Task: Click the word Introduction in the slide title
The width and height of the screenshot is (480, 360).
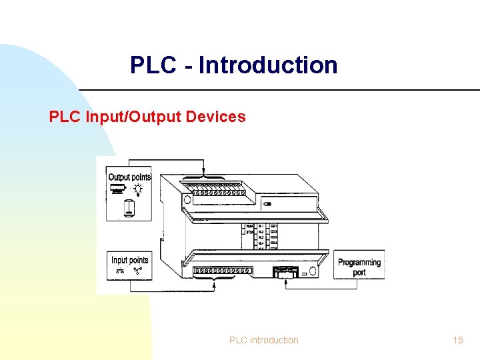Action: click(268, 65)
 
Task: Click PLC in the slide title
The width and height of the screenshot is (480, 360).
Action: click(152, 65)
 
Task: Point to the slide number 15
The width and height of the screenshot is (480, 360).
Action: click(457, 340)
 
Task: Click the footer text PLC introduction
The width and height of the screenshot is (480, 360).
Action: click(264, 340)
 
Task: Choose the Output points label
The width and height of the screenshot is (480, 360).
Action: click(129, 177)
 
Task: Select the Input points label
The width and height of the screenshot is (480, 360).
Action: click(129, 260)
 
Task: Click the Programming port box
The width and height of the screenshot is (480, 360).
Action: click(359, 267)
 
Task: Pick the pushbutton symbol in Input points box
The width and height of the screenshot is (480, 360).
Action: click(121, 271)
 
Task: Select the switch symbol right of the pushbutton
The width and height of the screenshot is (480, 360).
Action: click(138, 271)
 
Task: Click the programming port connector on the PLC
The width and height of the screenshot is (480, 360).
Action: click(285, 272)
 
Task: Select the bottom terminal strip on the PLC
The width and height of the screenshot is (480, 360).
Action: click(222, 271)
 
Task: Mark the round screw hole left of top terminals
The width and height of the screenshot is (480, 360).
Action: click(187, 199)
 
